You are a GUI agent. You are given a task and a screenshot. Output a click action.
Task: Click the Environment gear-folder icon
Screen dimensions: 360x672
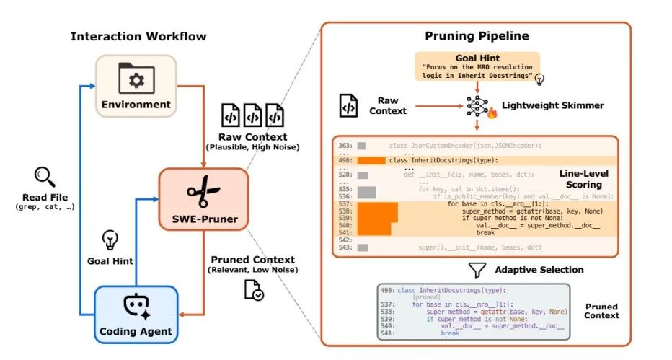point(136,79)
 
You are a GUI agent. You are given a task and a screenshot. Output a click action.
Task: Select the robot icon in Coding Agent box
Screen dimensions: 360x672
point(136,307)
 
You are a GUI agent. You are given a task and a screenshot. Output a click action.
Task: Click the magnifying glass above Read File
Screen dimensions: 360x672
point(44,176)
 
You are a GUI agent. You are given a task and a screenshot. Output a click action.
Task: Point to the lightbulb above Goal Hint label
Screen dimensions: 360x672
point(110,240)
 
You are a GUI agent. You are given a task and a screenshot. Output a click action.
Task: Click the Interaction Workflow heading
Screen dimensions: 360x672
point(138,37)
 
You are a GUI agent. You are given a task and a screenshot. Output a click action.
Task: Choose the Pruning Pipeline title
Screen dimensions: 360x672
point(476,35)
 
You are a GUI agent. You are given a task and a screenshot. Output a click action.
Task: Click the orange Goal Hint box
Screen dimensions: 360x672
point(476,69)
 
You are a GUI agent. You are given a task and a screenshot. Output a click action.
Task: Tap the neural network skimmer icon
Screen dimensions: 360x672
point(477,106)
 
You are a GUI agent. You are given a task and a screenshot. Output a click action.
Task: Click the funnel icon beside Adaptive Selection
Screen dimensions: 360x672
point(477,271)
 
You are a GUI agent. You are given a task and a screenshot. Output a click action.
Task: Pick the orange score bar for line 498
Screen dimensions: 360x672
point(372,160)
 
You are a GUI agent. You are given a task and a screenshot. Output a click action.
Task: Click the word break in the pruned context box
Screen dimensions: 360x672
point(450,333)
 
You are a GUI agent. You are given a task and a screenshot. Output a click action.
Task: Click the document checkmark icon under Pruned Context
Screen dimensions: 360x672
point(253,290)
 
